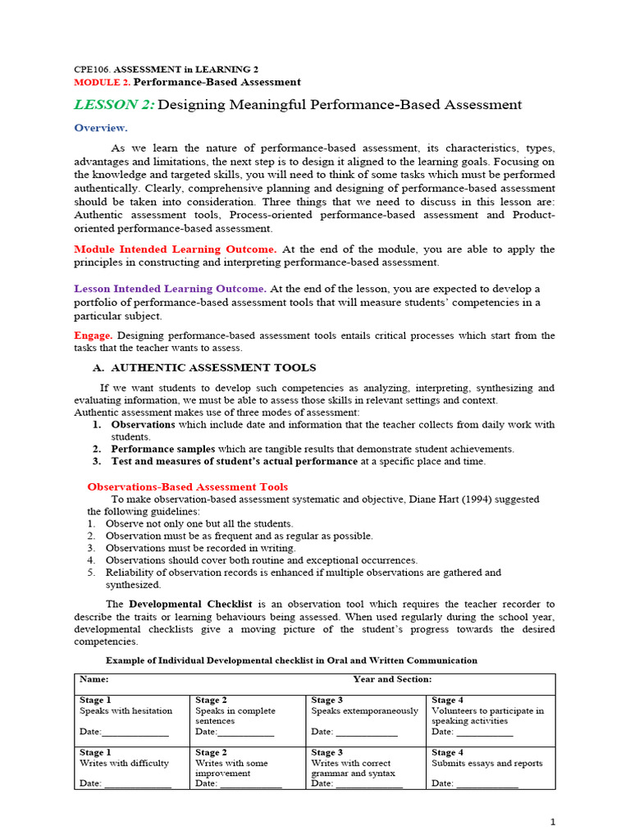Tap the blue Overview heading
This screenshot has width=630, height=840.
pyautogui.click(x=101, y=128)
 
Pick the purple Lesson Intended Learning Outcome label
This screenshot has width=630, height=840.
pyautogui.click(x=170, y=289)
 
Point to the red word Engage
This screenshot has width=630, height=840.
pyautogui.click(x=93, y=336)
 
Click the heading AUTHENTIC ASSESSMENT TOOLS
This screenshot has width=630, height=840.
pyautogui.click(x=213, y=367)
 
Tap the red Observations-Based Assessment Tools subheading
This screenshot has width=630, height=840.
pyautogui.click(x=188, y=486)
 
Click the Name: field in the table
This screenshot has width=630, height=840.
pyautogui.click(x=94, y=679)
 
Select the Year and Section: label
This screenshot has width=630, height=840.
pyautogui.click(x=392, y=679)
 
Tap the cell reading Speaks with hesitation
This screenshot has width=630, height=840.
pyautogui.click(x=126, y=711)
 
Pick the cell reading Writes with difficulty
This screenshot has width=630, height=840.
pyautogui.click(x=124, y=763)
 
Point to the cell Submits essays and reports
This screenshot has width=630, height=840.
pyautogui.click(x=487, y=763)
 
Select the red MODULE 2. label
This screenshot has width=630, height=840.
pyautogui.click(x=102, y=82)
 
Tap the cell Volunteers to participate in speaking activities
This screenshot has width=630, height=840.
pyautogui.click(x=487, y=716)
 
